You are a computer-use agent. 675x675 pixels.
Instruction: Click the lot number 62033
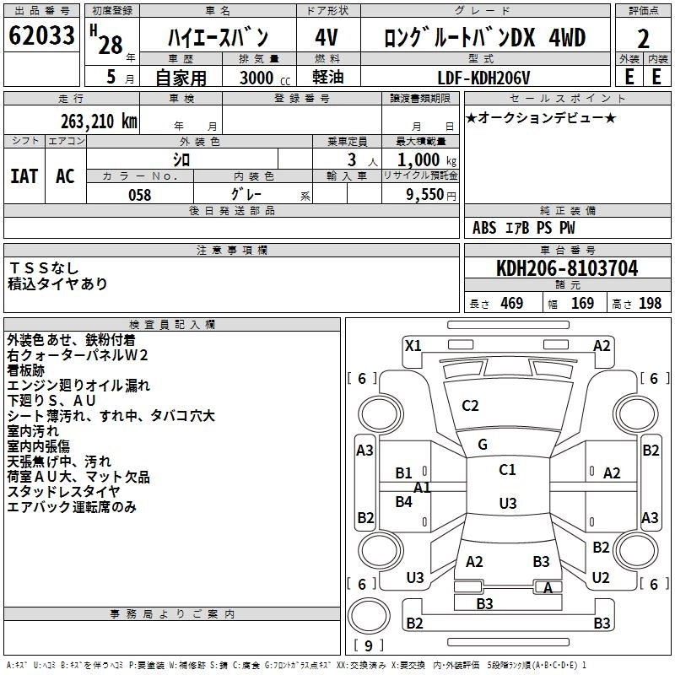41,35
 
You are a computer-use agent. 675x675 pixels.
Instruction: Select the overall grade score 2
643,39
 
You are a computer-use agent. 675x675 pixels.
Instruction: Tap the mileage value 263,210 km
99,121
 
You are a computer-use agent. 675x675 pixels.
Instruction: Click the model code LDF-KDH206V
483,78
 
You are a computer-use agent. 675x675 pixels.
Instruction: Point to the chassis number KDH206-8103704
567,268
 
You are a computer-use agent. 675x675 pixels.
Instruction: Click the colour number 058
140,195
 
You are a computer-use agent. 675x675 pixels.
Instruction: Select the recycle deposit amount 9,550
425,195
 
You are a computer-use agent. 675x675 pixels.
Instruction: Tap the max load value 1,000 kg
427,160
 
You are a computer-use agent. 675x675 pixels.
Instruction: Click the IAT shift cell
24,176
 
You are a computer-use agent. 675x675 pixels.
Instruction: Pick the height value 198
650,304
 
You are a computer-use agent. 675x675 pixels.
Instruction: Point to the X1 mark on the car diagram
413,346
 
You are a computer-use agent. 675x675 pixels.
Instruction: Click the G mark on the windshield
483,445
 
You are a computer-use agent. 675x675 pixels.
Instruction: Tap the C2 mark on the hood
470,406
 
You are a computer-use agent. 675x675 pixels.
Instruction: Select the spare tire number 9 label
369,645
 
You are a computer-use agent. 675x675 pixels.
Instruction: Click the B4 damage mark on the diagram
404,501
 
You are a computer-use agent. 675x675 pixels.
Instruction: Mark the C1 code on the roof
507,470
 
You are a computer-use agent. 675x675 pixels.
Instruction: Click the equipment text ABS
484,228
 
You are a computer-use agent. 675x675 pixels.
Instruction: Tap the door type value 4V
327,37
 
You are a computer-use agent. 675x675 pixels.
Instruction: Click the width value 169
582,304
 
